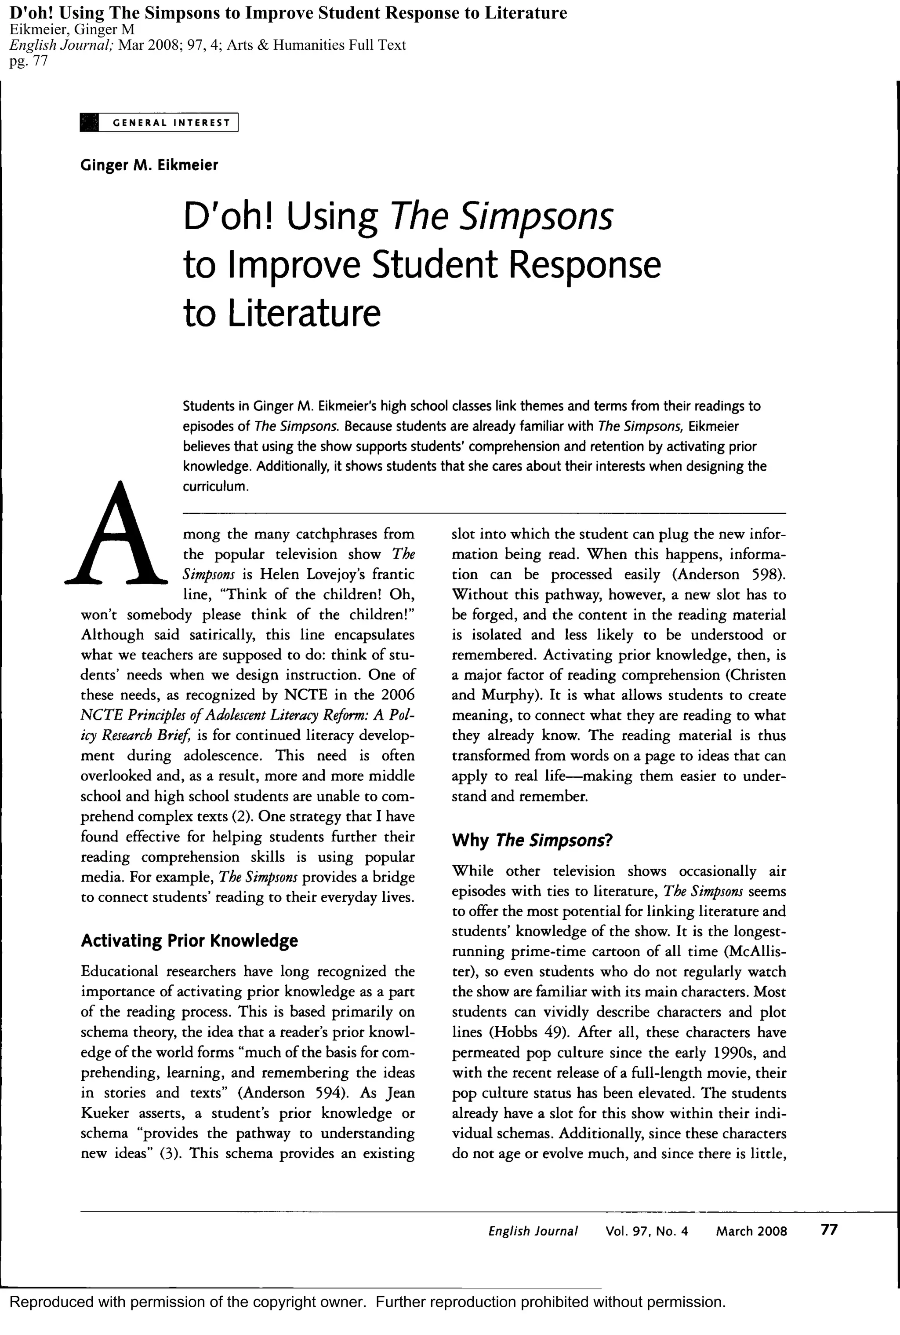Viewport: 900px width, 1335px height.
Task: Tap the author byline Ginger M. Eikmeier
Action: (x=149, y=165)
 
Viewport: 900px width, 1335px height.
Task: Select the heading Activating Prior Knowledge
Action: (x=189, y=940)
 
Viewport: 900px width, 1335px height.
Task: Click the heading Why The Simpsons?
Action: (x=532, y=841)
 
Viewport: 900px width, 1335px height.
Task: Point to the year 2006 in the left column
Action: (x=396, y=695)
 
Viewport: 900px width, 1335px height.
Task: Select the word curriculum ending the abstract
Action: (x=215, y=486)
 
